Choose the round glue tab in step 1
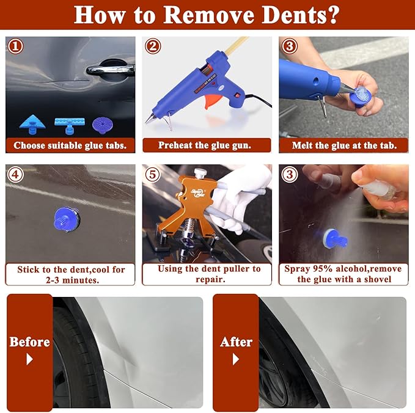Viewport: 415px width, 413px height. click(102, 125)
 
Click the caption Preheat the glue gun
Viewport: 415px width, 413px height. click(205, 145)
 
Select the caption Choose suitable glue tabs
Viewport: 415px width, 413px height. click(70, 145)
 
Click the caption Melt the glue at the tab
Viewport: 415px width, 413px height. click(343, 145)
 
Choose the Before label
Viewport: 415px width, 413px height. click(29, 342)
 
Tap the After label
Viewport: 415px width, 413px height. click(236, 342)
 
